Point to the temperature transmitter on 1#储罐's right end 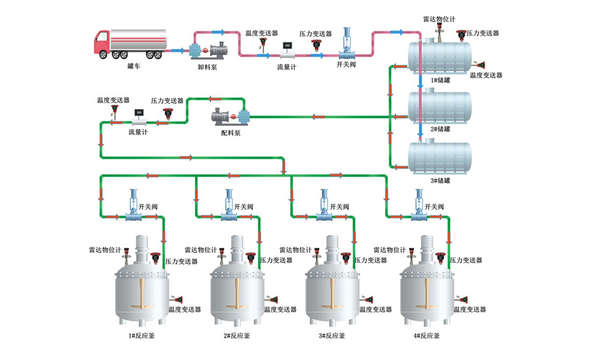point(481,65)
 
